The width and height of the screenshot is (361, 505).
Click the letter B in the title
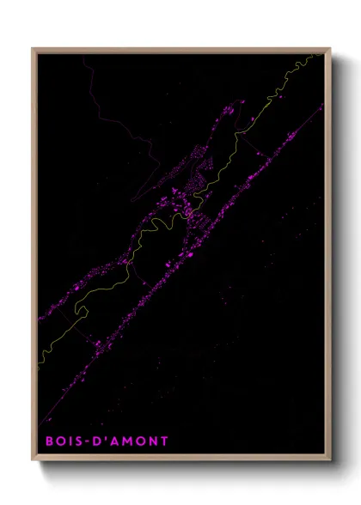[x=50, y=441]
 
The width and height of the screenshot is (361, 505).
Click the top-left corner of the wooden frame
[x=33, y=48]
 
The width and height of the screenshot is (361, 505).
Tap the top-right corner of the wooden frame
[x=330, y=48]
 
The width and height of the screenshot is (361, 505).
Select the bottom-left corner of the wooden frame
[x=33, y=461]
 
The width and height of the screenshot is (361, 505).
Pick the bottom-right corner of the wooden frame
[x=330, y=461]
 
